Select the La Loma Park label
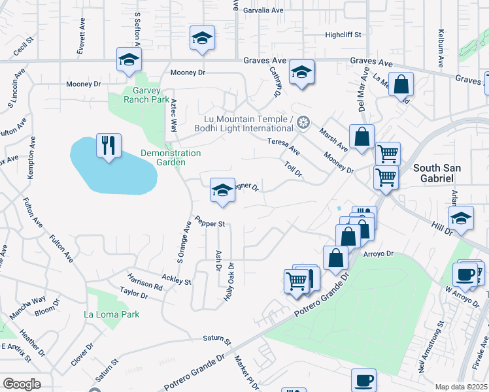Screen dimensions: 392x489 coord(112,314)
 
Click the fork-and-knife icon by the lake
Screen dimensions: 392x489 coord(109,144)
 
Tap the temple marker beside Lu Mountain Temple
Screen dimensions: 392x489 coord(302,122)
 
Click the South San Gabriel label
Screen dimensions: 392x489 coord(437,173)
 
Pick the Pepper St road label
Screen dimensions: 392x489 coord(210,223)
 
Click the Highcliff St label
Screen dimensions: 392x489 coord(343,35)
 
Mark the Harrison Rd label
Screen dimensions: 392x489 coord(144,281)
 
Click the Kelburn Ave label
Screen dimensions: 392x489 coord(441,46)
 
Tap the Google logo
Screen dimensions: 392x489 coord(22,384)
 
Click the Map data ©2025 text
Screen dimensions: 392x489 coord(461,387)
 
